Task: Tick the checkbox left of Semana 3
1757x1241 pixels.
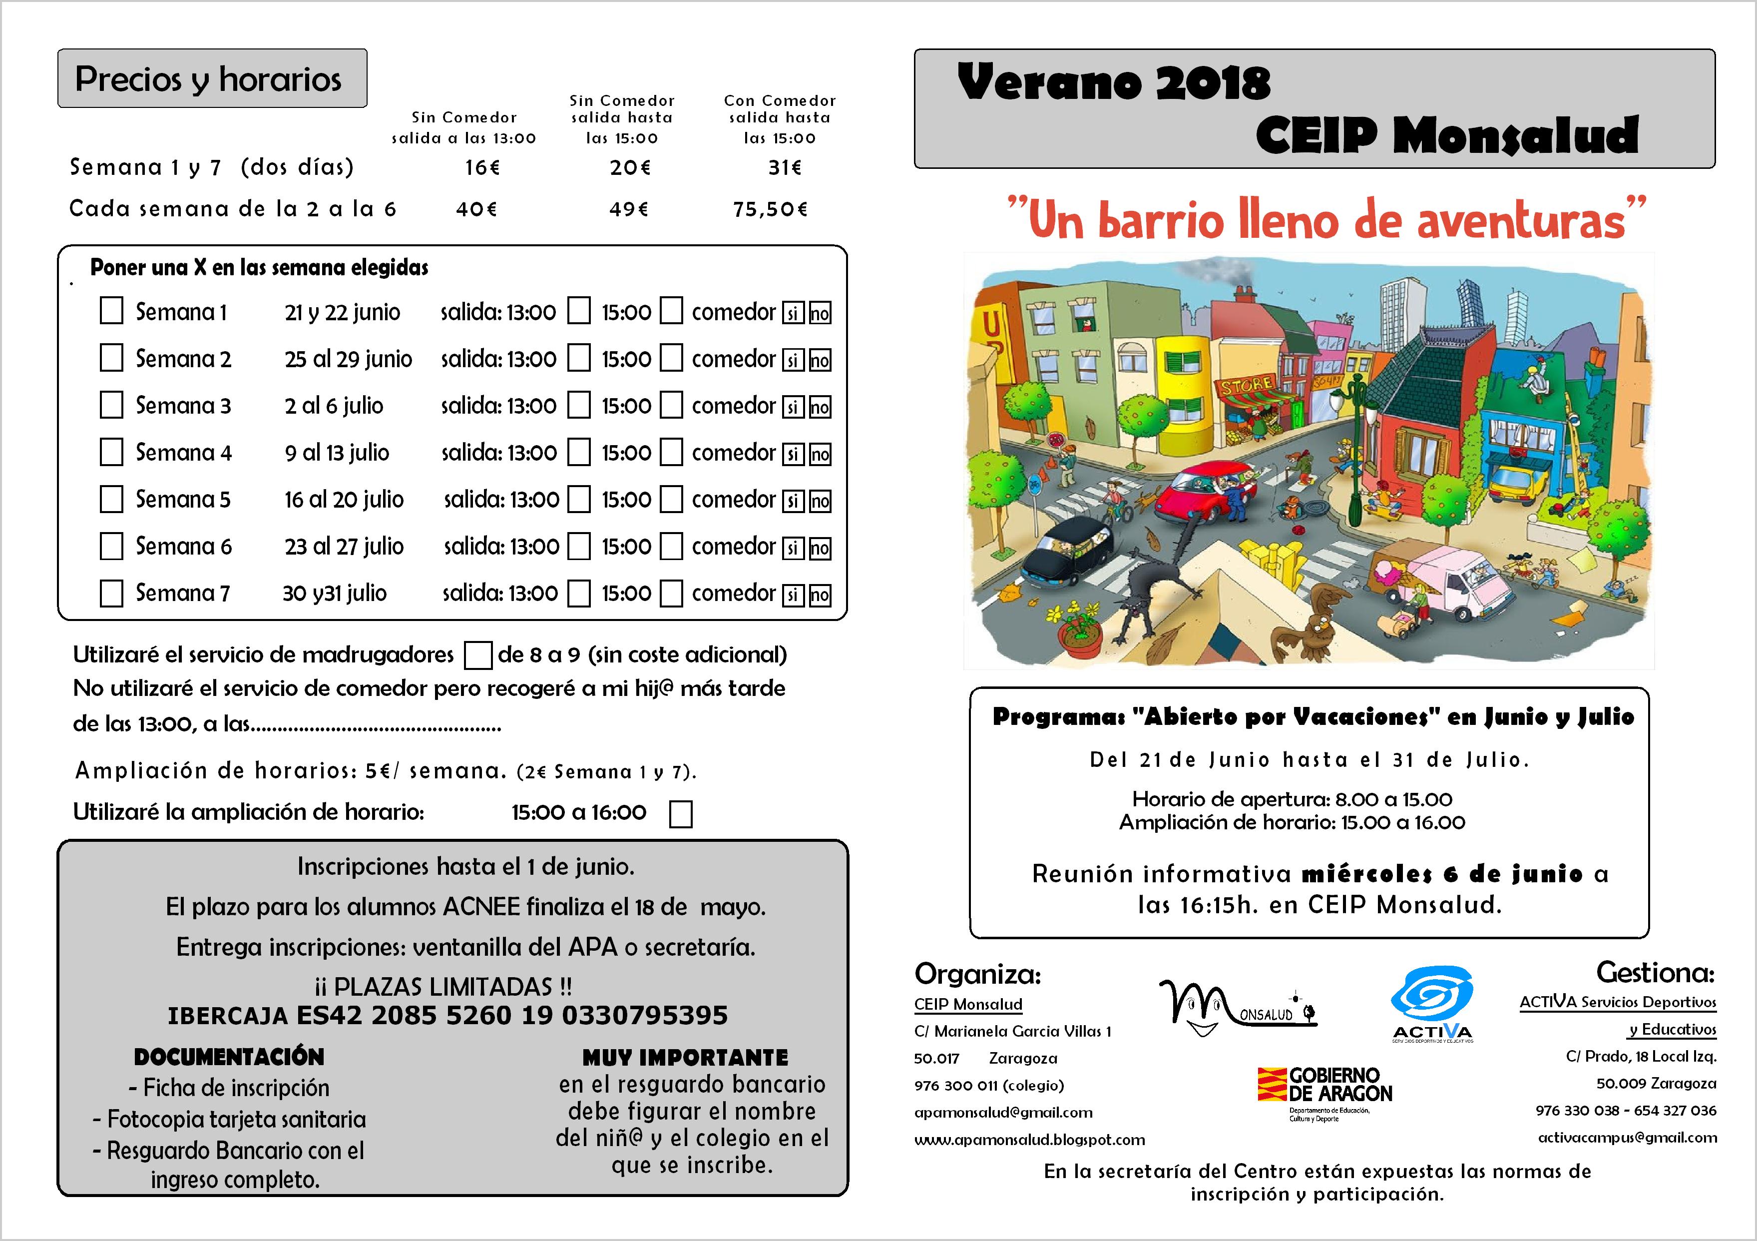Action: click(x=112, y=406)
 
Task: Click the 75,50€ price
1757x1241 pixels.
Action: click(x=770, y=209)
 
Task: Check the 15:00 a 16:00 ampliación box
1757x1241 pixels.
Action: click(x=680, y=814)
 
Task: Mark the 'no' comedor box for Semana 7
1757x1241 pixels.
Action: click(x=820, y=595)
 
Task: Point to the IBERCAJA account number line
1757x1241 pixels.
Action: click(x=447, y=1015)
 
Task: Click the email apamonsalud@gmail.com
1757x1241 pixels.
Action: click(x=1003, y=1113)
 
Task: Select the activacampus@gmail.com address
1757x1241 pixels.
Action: click(x=1627, y=1138)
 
